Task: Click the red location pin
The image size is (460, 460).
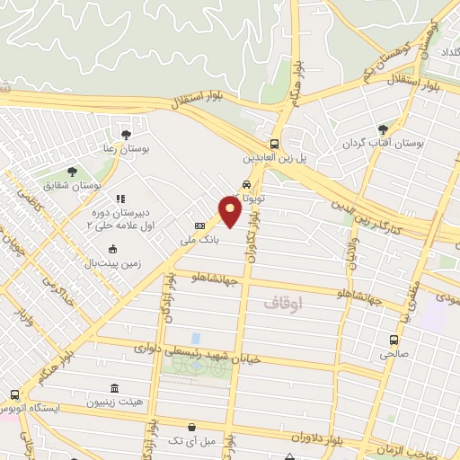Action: tap(231, 212)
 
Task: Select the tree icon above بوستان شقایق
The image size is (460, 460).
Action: tap(73, 171)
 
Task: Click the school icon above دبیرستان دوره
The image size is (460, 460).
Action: tap(120, 199)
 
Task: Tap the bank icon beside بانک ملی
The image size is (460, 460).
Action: tap(199, 226)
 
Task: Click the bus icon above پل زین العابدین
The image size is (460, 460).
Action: tap(274, 144)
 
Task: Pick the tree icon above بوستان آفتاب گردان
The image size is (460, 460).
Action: tap(384, 130)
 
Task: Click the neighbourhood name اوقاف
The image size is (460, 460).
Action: tap(285, 305)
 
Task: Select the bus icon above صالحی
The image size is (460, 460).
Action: tap(394, 340)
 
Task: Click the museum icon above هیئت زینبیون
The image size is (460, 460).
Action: tap(114, 388)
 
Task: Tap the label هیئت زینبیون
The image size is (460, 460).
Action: tap(113, 403)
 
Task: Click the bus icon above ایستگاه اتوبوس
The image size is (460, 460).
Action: tap(14, 394)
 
